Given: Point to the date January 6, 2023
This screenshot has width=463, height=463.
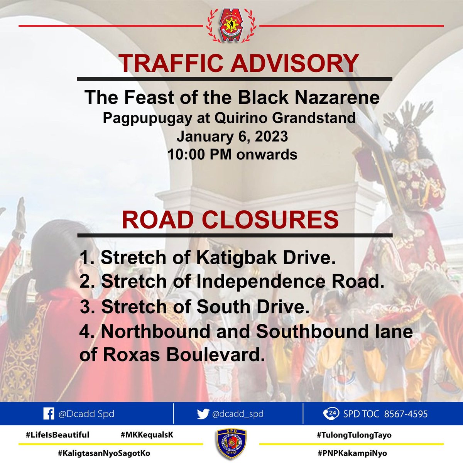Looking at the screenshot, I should click(x=232, y=137).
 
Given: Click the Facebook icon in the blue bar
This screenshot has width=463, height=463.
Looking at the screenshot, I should click(x=48, y=414).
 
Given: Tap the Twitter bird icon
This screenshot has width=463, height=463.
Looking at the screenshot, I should click(x=203, y=414).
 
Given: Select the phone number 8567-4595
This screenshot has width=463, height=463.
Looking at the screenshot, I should click(x=406, y=414).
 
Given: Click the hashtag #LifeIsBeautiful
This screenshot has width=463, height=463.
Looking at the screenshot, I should click(x=57, y=435).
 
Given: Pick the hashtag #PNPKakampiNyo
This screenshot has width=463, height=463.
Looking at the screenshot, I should click(x=351, y=453).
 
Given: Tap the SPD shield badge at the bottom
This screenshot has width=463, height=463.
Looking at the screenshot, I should click(x=231, y=444).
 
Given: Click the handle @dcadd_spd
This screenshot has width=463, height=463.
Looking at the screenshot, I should click(x=238, y=414).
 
